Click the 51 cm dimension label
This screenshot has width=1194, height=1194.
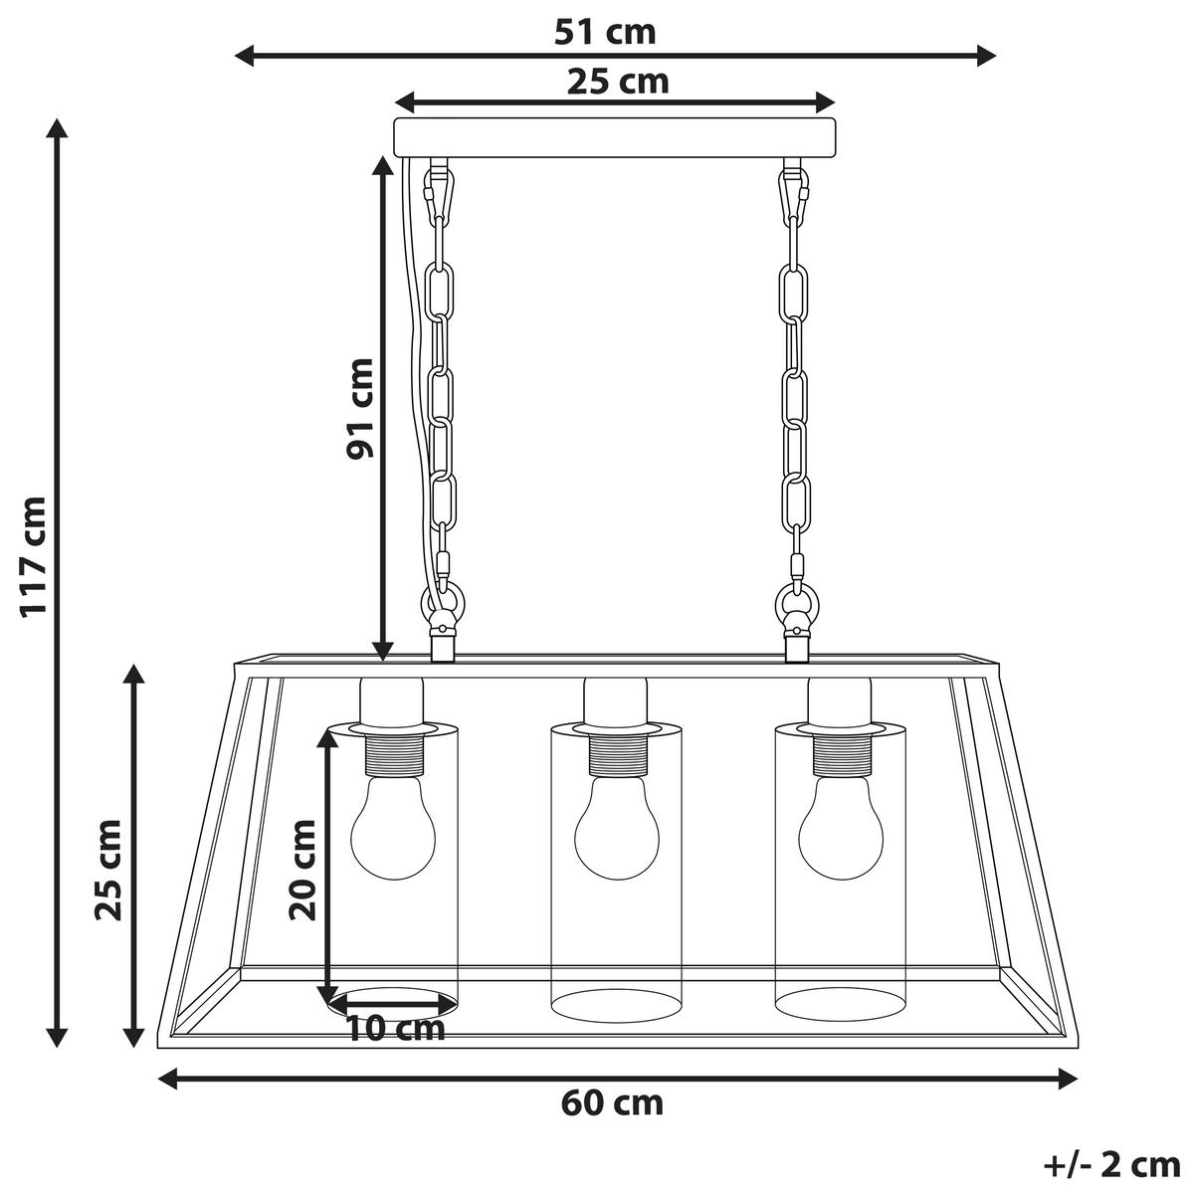tap(605, 32)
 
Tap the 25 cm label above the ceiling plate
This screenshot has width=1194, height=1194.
tap(618, 82)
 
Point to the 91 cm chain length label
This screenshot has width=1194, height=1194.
tap(359, 408)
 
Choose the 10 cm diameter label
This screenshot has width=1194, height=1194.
tap(395, 1027)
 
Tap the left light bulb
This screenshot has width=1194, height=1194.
tap(393, 828)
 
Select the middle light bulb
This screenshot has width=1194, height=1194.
tap(617, 828)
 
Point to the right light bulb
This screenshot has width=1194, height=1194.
tap(841, 828)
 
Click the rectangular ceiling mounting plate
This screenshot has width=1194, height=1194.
tap(616, 137)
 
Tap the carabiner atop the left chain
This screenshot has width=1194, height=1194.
tap(439, 193)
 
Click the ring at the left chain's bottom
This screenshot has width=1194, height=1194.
tap(441, 602)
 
